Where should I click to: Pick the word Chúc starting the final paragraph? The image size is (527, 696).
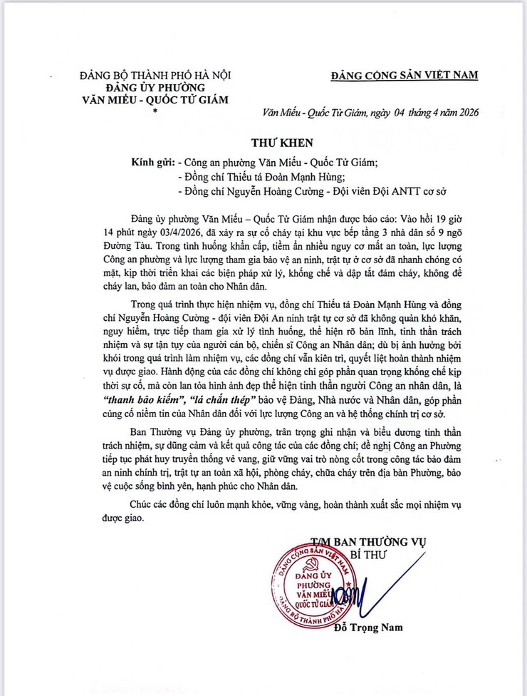pos(143,504)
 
